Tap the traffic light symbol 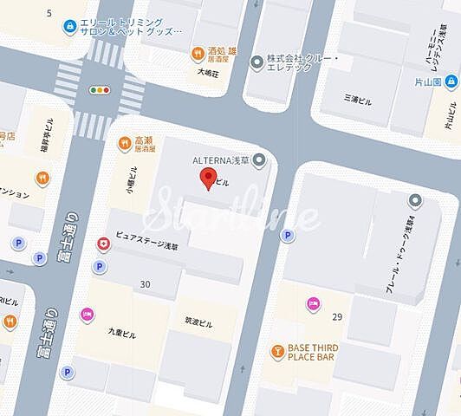point(101,88)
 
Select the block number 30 point(145,285)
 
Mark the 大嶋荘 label point(211,72)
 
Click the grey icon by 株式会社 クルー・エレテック point(256,62)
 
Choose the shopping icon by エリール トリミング point(68,27)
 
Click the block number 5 point(49,13)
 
